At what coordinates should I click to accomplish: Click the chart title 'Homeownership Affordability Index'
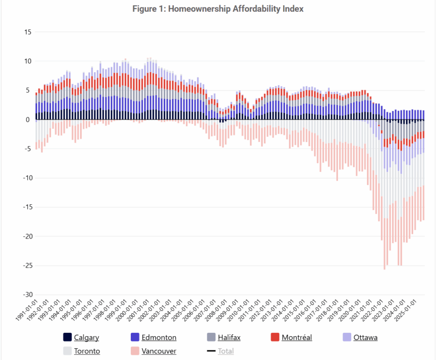[x=218, y=9]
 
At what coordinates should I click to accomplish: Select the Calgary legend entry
[x=86, y=337]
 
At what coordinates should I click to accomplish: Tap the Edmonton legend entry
[x=158, y=337]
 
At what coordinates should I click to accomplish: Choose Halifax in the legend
[x=229, y=337]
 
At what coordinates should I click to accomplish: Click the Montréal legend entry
[x=296, y=337]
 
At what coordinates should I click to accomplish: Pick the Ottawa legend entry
[x=365, y=337]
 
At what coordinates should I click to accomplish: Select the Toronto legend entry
[x=87, y=351]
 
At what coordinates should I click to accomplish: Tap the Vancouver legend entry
[x=158, y=351]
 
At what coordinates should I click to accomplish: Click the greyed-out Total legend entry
[x=226, y=351]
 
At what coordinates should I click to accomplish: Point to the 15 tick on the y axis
[x=28, y=32]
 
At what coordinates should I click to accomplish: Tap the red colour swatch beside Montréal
[x=275, y=337]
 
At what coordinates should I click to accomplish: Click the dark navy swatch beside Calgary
[x=67, y=337]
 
